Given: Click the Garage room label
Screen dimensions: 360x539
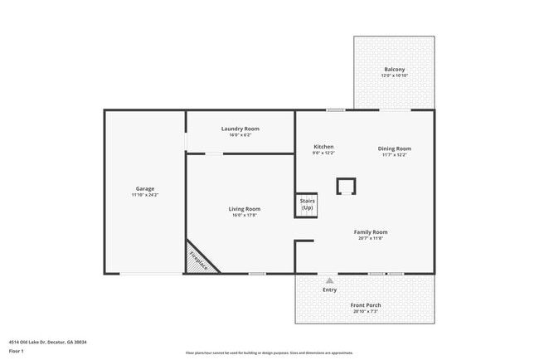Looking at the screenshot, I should (145, 188).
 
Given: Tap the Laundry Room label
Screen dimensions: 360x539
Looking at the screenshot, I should (240, 129).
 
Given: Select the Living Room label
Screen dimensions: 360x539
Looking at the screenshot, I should (245, 209).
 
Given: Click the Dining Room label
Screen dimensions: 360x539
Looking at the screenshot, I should (395, 148).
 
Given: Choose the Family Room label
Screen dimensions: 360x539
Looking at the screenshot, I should (371, 232).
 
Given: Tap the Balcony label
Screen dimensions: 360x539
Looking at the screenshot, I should (395, 69).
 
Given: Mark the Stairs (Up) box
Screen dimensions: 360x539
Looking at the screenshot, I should (307, 205).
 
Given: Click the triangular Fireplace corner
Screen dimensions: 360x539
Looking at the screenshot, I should (197, 260).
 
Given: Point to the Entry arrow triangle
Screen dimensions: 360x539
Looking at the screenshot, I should (330, 280).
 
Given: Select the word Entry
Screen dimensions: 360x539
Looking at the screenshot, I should (330, 289).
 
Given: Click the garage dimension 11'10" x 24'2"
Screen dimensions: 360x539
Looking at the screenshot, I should (145, 195).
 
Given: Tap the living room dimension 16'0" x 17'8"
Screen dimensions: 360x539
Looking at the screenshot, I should (245, 216).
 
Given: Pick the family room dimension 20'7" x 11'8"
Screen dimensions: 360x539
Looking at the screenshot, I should (371, 239).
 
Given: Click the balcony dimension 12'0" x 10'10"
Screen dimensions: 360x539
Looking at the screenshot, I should (395, 75).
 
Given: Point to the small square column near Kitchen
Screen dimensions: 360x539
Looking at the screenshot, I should (345, 186).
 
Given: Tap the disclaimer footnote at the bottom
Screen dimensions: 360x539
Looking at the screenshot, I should (269, 353).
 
